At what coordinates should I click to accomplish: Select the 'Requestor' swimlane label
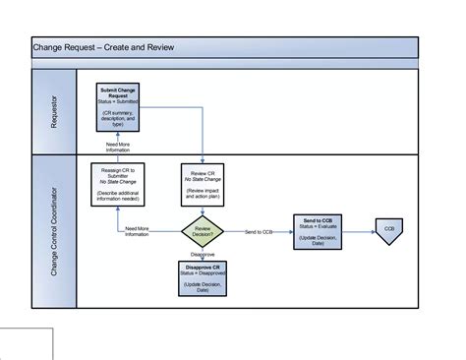(x=53, y=111)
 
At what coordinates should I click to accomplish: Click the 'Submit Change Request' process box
(x=119, y=107)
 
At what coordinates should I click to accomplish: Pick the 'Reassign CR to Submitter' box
(x=119, y=184)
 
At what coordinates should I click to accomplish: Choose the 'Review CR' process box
(x=203, y=184)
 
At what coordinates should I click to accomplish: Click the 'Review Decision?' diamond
(x=203, y=231)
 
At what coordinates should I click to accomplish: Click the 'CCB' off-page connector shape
(x=390, y=231)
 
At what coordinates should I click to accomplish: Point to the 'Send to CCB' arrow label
(x=261, y=231)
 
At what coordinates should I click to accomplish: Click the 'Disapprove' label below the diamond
(x=203, y=253)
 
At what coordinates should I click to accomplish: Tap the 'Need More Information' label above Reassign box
(x=119, y=149)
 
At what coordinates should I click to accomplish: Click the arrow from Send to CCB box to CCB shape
(x=361, y=231)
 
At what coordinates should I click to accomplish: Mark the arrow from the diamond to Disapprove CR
(x=203, y=259)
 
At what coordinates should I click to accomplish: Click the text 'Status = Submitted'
(x=119, y=102)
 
